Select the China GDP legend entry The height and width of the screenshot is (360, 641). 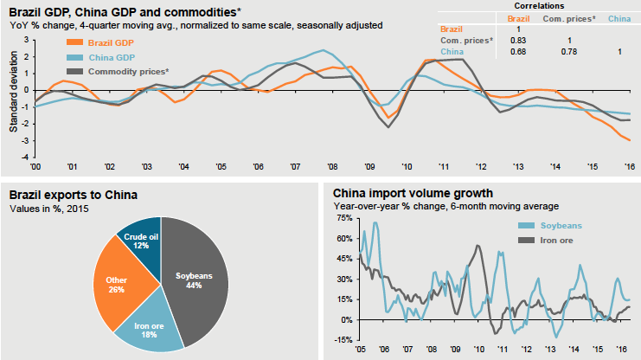(x=106, y=56)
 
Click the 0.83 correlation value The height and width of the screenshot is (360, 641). (x=519, y=41)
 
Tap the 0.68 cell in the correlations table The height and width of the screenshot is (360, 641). (x=519, y=52)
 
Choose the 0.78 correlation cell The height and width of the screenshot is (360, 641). (x=568, y=52)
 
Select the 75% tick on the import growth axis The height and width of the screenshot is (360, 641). (x=343, y=218)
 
